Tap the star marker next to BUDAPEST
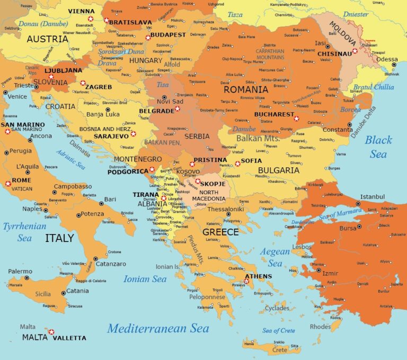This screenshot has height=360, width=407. pyautogui.click(x=148, y=37)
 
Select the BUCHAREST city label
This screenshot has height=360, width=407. pyautogui.click(x=274, y=114)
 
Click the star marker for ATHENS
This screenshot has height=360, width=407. pyautogui.click(x=246, y=281)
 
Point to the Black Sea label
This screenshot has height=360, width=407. pyautogui.click(x=378, y=147)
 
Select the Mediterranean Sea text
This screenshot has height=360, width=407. pyautogui.click(x=158, y=328)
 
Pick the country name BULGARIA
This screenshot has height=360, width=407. pyautogui.click(x=279, y=170)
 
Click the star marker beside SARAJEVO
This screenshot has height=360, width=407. pyautogui.click(x=133, y=134)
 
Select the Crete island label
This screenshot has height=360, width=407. pyautogui.click(x=279, y=350)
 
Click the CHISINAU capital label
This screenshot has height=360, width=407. pyautogui.click(x=334, y=53)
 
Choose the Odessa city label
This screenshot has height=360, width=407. pyautogui.click(x=387, y=59)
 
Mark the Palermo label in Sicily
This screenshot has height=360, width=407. pyautogui.click(x=20, y=272)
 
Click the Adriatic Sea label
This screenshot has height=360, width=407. pyautogui.click(x=72, y=159)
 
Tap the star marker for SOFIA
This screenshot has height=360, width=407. pyautogui.click(x=237, y=164)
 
